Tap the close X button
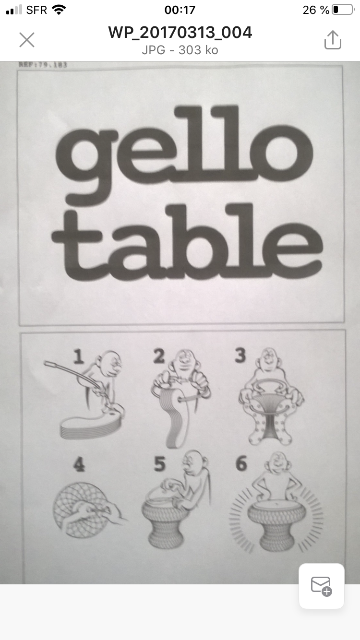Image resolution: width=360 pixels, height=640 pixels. point(27,40)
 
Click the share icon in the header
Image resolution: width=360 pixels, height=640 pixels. point(332,40)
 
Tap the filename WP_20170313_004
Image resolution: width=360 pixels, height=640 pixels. point(180,33)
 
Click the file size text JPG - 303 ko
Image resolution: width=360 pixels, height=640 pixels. point(180,50)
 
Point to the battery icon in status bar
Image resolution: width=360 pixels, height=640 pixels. point(342,10)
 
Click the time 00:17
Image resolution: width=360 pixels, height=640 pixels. point(180,10)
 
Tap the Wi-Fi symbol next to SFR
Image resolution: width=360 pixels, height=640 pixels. point(59,10)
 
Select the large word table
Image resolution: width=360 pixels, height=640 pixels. point(187,242)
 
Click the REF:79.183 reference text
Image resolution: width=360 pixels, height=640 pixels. point(43,64)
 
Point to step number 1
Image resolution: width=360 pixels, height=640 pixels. point(79,356)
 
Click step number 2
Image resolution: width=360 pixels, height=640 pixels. point(158,356)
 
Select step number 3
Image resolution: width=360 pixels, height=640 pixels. point(240,355)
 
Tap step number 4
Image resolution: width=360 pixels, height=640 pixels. point(79,464)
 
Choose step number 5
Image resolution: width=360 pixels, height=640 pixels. point(159,464)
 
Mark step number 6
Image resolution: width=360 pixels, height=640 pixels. point(241,464)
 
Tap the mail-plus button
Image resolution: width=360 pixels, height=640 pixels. point(321,586)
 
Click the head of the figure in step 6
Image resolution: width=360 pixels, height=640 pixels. point(276,462)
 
